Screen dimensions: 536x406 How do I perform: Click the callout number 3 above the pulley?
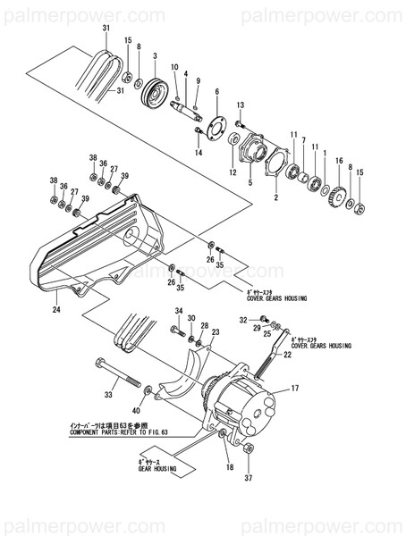[x=154, y=56]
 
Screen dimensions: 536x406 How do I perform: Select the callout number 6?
[x=216, y=91]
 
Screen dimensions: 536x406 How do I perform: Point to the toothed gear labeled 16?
[x=338, y=194]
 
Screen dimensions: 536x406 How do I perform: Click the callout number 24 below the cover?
[x=55, y=310]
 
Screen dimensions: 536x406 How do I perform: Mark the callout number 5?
[x=250, y=183]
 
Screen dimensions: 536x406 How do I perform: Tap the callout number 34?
[x=178, y=311]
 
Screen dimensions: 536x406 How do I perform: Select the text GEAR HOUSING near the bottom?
[x=156, y=469]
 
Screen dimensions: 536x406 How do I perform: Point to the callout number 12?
[x=232, y=172]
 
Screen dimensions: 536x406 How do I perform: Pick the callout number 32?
[x=241, y=319]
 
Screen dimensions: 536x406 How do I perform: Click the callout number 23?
[x=216, y=332]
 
